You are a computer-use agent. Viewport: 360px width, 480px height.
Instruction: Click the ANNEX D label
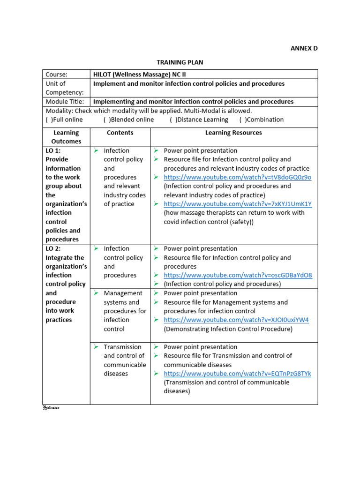point(304,48)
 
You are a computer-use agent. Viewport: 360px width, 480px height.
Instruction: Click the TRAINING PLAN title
point(180,62)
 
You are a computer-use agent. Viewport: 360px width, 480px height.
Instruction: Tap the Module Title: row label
point(65,101)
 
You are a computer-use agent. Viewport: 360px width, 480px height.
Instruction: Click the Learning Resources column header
point(233,133)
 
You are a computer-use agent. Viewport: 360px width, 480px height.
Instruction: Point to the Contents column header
point(120,133)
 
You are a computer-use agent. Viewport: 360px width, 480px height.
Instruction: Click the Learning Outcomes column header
point(66,137)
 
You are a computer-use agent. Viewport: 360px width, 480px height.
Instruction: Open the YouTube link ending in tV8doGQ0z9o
point(237,177)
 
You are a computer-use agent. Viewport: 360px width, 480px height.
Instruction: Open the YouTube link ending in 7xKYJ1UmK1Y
point(237,204)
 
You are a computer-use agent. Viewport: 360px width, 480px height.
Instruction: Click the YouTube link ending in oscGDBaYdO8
point(238,275)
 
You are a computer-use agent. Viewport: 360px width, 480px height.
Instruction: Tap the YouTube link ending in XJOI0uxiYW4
point(236,320)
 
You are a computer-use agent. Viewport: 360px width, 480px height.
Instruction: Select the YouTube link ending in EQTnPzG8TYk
point(237,374)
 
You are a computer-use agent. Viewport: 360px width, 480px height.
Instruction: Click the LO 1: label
point(53,150)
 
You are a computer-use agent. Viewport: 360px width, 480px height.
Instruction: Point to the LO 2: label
point(53,248)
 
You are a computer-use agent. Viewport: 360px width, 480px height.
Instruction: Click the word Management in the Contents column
point(123,293)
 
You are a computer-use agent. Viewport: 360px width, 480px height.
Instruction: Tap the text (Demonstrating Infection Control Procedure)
point(228,329)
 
